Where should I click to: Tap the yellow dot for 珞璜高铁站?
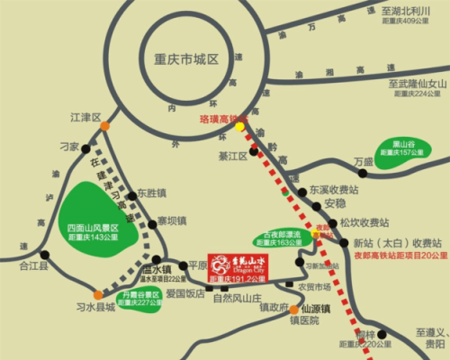239,127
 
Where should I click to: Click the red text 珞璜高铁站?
223,117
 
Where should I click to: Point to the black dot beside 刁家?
85,148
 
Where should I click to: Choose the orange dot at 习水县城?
97,294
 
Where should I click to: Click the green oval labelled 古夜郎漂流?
283,237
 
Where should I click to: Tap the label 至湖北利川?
403,9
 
